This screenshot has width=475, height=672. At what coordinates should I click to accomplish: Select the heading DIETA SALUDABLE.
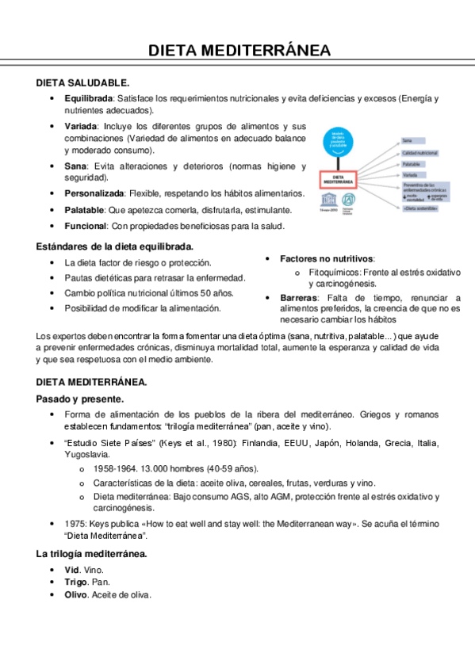(x=82, y=82)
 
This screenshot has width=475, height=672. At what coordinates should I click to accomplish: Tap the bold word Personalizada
(x=94, y=193)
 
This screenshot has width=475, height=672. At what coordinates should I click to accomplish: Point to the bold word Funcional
(x=86, y=226)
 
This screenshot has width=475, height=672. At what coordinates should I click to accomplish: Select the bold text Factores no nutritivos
(x=327, y=259)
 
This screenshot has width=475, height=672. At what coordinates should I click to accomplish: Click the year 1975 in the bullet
(x=77, y=524)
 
